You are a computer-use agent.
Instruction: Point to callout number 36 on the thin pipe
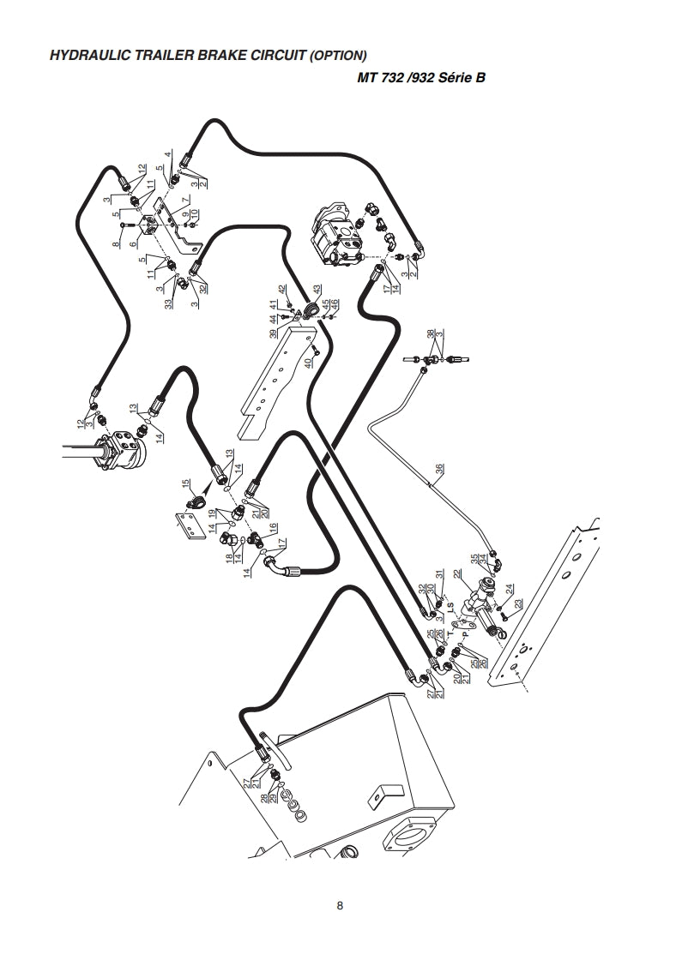click(440, 470)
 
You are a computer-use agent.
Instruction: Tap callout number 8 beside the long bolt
click(117, 245)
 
